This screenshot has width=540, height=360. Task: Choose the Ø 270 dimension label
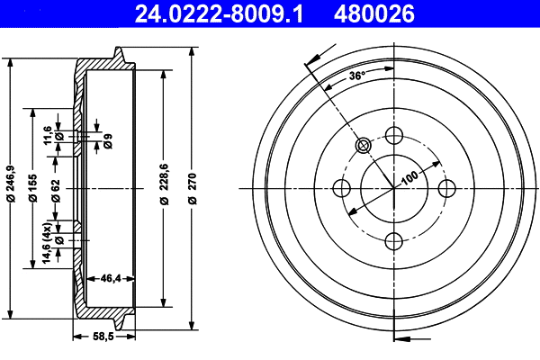click(x=192, y=188)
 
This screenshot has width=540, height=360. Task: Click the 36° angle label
click(x=356, y=76)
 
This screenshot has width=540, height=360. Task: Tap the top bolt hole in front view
click(x=393, y=136)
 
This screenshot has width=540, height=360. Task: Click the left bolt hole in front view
click(x=341, y=188)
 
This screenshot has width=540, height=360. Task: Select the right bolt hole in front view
click(x=445, y=188)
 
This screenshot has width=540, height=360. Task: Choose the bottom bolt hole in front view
click(x=393, y=240)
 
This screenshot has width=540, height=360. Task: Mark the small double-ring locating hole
click(x=363, y=146)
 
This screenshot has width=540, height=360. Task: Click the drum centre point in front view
click(x=393, y=188)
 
